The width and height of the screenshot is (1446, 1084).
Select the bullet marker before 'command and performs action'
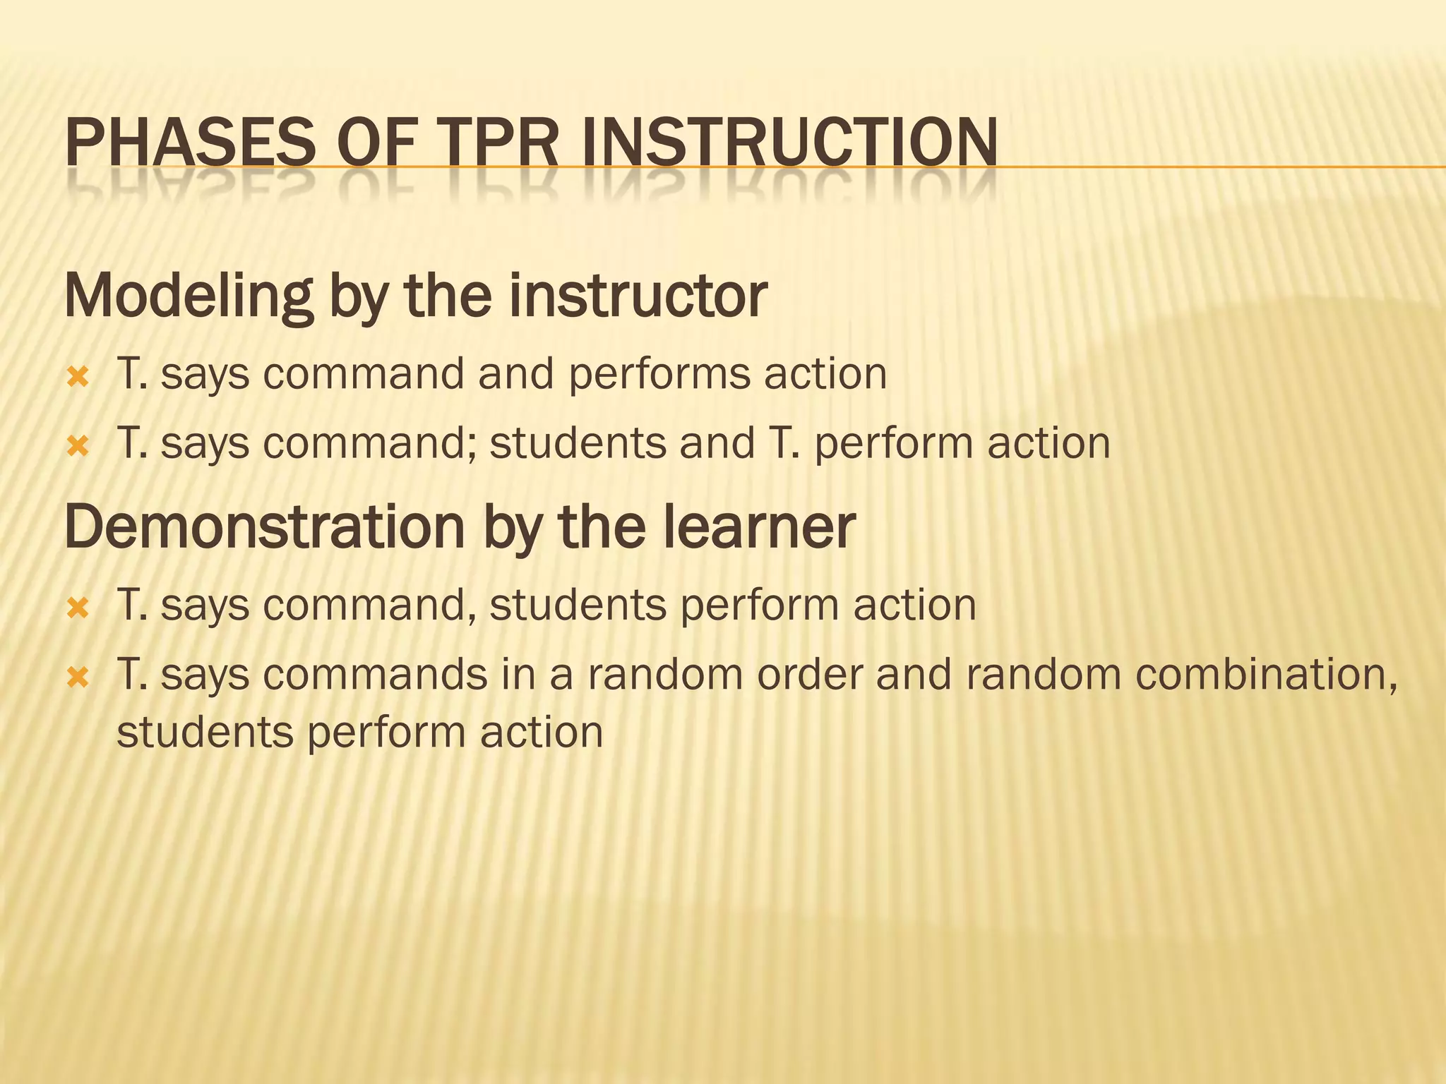pos(78,377)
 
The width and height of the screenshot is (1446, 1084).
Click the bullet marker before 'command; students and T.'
pos(78,446)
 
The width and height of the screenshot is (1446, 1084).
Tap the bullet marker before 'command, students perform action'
pos(78,608)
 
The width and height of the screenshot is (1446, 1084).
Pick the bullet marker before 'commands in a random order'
pos(78,677)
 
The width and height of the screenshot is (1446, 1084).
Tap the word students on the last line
pos(205,733)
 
